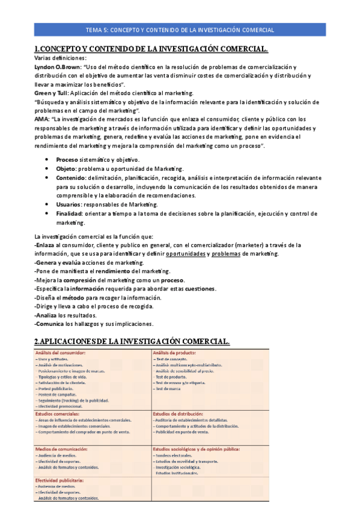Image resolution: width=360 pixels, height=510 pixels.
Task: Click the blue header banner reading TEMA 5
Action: click(180, 29)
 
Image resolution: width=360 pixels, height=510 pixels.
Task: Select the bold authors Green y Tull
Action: click(52, 93)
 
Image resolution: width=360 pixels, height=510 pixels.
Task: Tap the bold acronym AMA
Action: click(41, 120)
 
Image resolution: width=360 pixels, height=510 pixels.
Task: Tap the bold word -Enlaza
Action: click(46, 245)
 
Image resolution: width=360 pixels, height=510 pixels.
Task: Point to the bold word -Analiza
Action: click(46, 315)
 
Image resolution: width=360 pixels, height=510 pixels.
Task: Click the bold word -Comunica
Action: click(50, 324)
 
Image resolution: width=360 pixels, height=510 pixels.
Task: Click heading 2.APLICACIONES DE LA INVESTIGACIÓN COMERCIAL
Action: click(132, 341)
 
